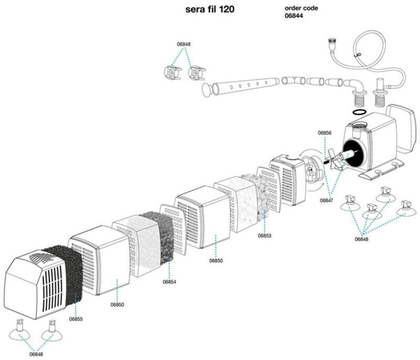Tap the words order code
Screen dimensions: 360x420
coord(301,8)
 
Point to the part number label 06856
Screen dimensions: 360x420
coord(324,133)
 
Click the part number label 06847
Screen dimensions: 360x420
coord(327,200)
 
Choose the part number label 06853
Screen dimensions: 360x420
coord(265,236)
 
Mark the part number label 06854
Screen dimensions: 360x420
coord(169,282)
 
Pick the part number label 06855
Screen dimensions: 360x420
coord(76,319)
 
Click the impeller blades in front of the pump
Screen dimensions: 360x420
coord(337,158)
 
